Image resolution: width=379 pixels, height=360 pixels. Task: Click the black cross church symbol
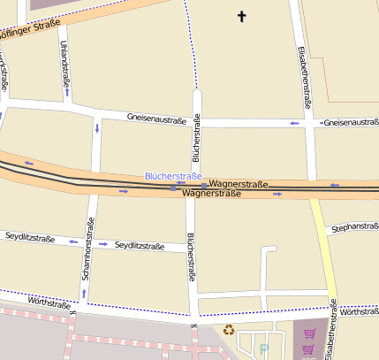tap(242, 16)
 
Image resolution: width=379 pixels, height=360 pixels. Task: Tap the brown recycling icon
tap(229, 331)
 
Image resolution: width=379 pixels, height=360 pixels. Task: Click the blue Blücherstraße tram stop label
tap(174, 177)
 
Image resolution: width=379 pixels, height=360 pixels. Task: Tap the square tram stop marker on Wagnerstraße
tap(173, 188)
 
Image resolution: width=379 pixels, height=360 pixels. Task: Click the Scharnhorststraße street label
tap(87, 250)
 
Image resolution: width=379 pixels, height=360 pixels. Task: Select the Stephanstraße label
tap(352, 228)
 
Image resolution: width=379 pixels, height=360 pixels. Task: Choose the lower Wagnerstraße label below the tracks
tap(212, 193)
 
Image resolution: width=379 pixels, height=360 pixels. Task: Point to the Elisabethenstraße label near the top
tap(305, 77)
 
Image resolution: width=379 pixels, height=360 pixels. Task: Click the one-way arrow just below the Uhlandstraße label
tap(67, 91)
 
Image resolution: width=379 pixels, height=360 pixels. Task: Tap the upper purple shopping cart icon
tap(310, 333)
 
